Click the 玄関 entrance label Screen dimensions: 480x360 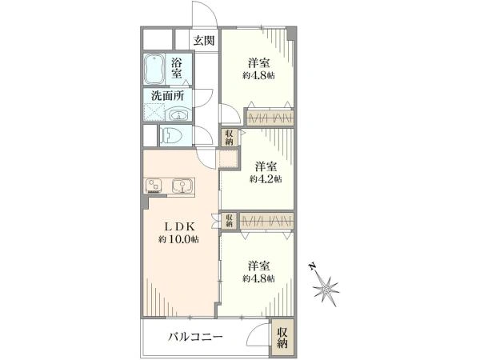pos(203,41)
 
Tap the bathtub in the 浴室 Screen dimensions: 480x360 pos(154,70)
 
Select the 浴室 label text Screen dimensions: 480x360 pos(177,68)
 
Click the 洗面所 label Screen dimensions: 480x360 pos(168,96)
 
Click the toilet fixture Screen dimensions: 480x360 pos(171,135)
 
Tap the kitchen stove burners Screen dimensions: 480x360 pos(154,186)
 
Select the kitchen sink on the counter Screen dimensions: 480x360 pos(182,186)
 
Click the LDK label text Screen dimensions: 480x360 pos(180,227)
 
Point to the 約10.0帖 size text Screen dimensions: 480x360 pos(178,239)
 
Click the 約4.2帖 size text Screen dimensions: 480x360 pos(266,179)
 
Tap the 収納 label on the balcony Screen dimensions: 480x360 pos(283,338)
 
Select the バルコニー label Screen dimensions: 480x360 pos(195,338)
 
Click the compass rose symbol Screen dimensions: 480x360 pos(326,288)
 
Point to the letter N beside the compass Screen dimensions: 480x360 pos(312,267)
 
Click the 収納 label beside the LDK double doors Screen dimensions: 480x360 pos(230,221)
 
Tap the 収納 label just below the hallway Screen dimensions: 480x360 pos(230,137)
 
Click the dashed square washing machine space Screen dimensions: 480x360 pos(154,113)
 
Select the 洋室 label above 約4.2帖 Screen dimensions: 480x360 pos(266,166)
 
